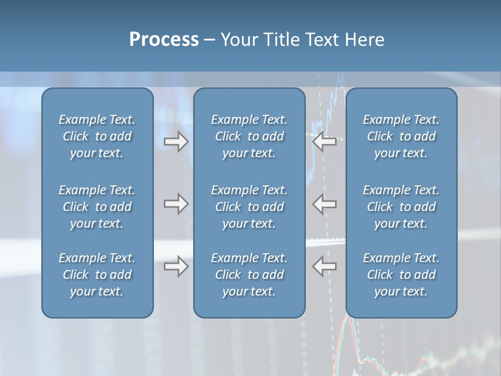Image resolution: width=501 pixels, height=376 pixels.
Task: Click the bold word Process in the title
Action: pyautogui.click(x=164, y=40)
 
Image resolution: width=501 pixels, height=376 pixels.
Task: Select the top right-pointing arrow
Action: pyautogui.click(x=176, y=142)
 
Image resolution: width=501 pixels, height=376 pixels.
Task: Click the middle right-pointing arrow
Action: pyautogui.click(x=176, y=204)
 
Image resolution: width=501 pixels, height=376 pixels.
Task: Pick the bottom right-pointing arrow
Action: pyautogui.click(x=176, y=266)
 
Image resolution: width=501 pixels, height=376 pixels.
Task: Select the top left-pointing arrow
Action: pyautogui.click(x=325, y=142)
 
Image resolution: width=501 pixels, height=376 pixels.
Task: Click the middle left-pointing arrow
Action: pyautogui.click(x=325, y=204)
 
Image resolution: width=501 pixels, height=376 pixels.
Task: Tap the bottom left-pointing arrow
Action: pyautogui.click(x=325, y=266)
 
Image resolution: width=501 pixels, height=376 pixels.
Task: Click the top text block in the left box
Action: pyautogui.click(x=97, y=136)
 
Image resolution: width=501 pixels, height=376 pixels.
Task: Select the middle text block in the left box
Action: pyautogui.click(x=97, y=207)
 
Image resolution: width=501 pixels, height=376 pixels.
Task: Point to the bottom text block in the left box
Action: pyautogui.click(x=97, y=275)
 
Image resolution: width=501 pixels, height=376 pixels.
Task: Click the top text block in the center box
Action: pyautogui.click(x=249, y=136)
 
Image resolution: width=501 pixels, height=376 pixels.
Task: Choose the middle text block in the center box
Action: pyautogui.click(x=249, y=207)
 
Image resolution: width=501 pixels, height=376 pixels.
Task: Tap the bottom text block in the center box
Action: pyautogui.click(x=249, y=275)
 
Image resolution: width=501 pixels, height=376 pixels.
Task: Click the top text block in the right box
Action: pyautogui.click(x=401, y=136)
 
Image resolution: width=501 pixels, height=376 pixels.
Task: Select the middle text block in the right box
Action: pyautogui.click(x=401, y=207)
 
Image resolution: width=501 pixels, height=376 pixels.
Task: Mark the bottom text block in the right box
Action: pyautogui.click(x=401, y=275)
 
